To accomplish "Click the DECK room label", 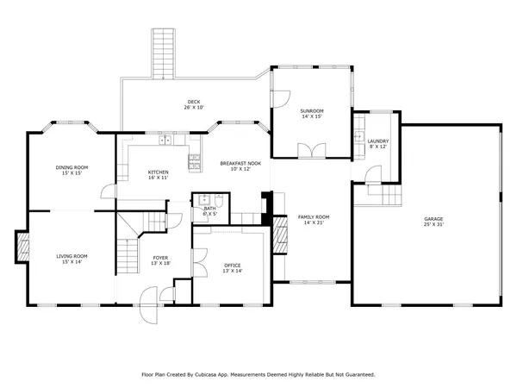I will click(192, 102).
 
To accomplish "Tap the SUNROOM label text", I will click(312, 111).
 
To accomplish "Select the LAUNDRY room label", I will click(378, 141).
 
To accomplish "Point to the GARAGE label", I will click(433, 219).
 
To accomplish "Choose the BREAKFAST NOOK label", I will click(240, 163).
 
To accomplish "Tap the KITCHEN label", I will click(158, 172).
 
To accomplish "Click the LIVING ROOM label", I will click(73, 255).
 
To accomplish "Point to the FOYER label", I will click(160, 257).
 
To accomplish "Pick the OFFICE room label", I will click(233, 265).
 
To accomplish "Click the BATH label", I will click(209, 208).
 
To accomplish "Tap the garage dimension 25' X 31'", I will click(433, 225).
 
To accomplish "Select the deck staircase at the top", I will click(162, 53).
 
